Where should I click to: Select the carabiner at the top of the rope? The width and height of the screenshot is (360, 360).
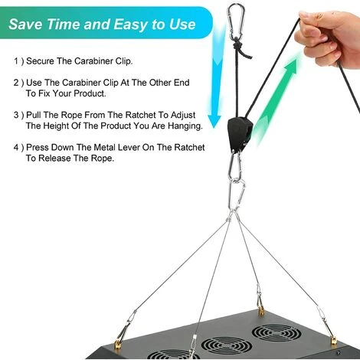tap(235, 21)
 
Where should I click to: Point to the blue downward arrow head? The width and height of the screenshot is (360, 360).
tap(214, 120)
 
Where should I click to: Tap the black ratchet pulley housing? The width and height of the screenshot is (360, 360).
tap(240, 133)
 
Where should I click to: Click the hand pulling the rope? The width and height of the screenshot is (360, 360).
tap(329, 38)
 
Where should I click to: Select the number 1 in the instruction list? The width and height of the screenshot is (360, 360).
tap(16, 61)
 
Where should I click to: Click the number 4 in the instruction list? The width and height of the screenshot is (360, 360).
tap(16, 148)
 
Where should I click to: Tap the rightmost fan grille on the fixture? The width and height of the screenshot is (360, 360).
tap(277, 334)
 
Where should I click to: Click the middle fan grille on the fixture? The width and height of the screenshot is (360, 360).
tap(227, 347)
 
